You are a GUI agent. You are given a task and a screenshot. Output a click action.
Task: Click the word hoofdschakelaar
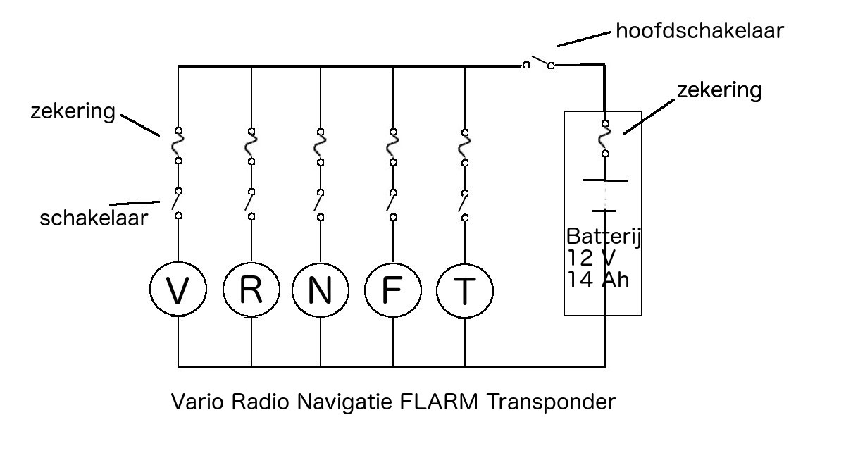click(x=700, y=30)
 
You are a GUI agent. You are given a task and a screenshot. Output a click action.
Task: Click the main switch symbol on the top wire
click(x=539, y=63)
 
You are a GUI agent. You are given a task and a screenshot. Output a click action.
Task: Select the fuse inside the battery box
click(x=605, y=138)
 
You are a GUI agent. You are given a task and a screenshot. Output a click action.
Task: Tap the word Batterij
click(x=604, y=237)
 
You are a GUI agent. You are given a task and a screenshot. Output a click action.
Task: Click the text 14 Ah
click(x=598, y=280)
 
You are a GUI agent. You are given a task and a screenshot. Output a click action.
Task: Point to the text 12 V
click(x=592, y=258)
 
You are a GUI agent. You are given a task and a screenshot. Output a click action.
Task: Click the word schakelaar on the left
click(x=94, y=218)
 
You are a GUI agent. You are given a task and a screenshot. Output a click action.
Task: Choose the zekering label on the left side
click(x=73, y=111)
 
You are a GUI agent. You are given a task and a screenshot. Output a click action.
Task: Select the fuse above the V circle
click(x=178, y=146)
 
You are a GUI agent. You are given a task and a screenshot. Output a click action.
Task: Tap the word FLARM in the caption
click(x=438, y=401)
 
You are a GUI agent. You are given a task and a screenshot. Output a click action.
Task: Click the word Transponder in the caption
click(x=551, y=402)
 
